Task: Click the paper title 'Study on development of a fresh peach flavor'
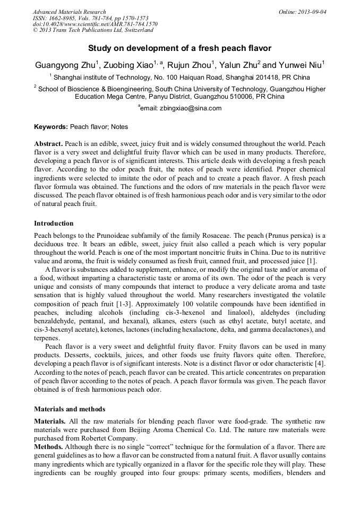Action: tap(179, 48)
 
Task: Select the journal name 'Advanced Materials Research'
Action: tap(69, 12)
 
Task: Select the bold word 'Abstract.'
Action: tap(49, 144)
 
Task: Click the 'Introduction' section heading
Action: tap(54, 223)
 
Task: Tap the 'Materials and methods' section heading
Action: tap(70, 409)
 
